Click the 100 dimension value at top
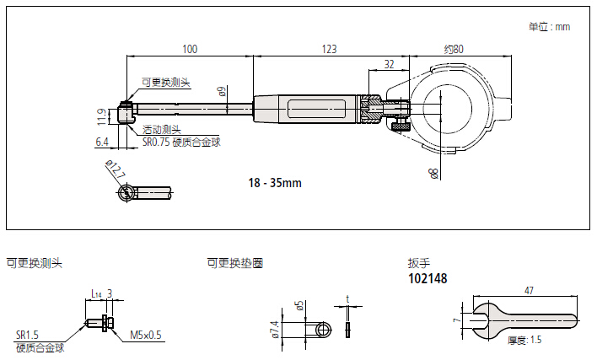tap(189, 50)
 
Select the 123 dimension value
tap(329, 50)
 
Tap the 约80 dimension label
tap(454, 50)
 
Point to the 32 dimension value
tap(389, 64)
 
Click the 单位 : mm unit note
tap(549, 27)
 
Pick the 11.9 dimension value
tap(101, 114)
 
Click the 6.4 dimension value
tap(101, 141)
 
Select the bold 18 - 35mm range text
tap(275, 182)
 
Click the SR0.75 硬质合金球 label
tap(180, 142)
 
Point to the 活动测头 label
tap(160, 130)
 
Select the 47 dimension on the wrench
tap(529, 291)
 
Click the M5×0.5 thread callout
tap(146, 335)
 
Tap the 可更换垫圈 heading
tap(234, 263)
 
